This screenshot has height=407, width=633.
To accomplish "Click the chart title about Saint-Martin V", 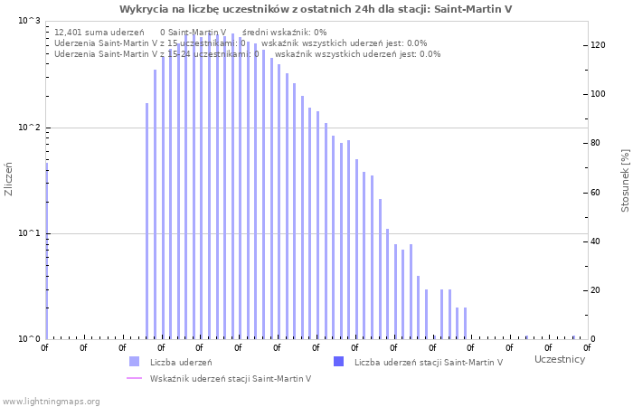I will tap(316, 9).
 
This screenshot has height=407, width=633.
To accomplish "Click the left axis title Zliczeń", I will tap(9, 179).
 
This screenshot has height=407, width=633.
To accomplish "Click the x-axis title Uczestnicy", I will tap(559, 360).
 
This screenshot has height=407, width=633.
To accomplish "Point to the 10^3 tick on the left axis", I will tap(29, 21).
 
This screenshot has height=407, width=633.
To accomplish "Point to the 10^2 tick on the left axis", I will tap(29, 128).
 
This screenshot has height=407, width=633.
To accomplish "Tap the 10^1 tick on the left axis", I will tap(29, 233).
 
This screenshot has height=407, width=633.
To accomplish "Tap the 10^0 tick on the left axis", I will tap(29, 339).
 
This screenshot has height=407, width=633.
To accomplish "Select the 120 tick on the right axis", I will tap(598, 45).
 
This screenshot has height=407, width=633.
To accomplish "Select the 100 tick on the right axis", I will tap(598, 94).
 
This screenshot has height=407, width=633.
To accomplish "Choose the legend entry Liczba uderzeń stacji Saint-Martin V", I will tap(429, 363).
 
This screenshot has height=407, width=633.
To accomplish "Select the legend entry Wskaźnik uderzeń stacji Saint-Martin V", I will tap(231, 379).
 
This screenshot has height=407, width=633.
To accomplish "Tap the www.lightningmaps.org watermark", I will tap(52, 402).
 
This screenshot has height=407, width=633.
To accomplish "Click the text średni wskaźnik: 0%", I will tap(285, 32).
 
